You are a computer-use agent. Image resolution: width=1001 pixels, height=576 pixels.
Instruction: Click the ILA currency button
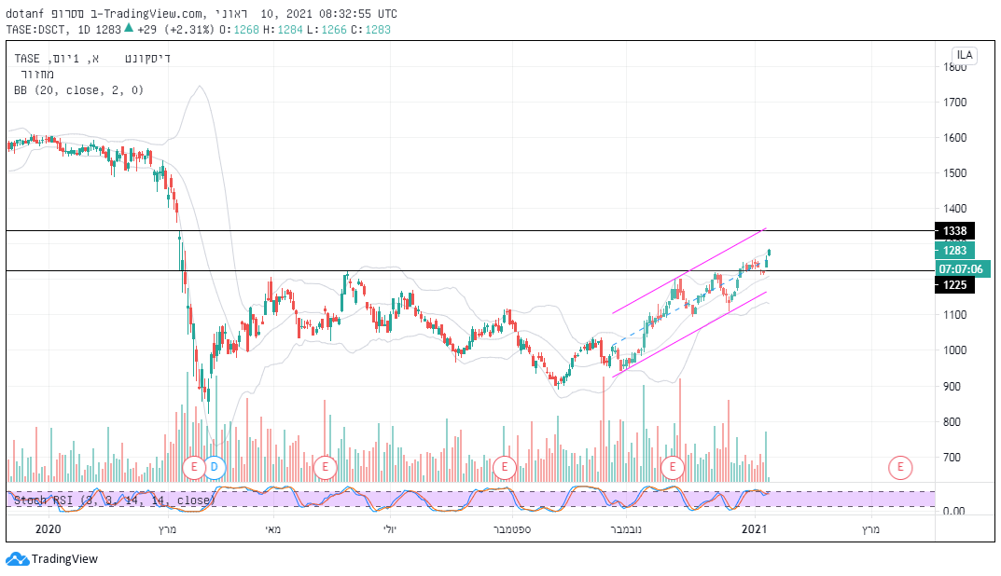coord(964,55)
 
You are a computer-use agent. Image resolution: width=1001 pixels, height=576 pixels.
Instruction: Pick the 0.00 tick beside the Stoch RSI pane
coord(953,512)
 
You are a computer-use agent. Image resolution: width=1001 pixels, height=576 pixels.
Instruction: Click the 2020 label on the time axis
coord(48,529)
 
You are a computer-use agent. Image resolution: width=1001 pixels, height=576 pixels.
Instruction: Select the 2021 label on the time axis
coord(754,529)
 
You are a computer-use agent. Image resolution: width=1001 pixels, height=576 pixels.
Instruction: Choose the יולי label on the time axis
coord(388,529)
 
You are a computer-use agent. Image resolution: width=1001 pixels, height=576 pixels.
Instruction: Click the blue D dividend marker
coord(215,466)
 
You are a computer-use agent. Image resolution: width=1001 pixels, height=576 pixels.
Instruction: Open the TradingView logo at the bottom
coord(51,559)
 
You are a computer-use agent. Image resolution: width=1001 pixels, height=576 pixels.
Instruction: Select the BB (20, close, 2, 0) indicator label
coord(78,90)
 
